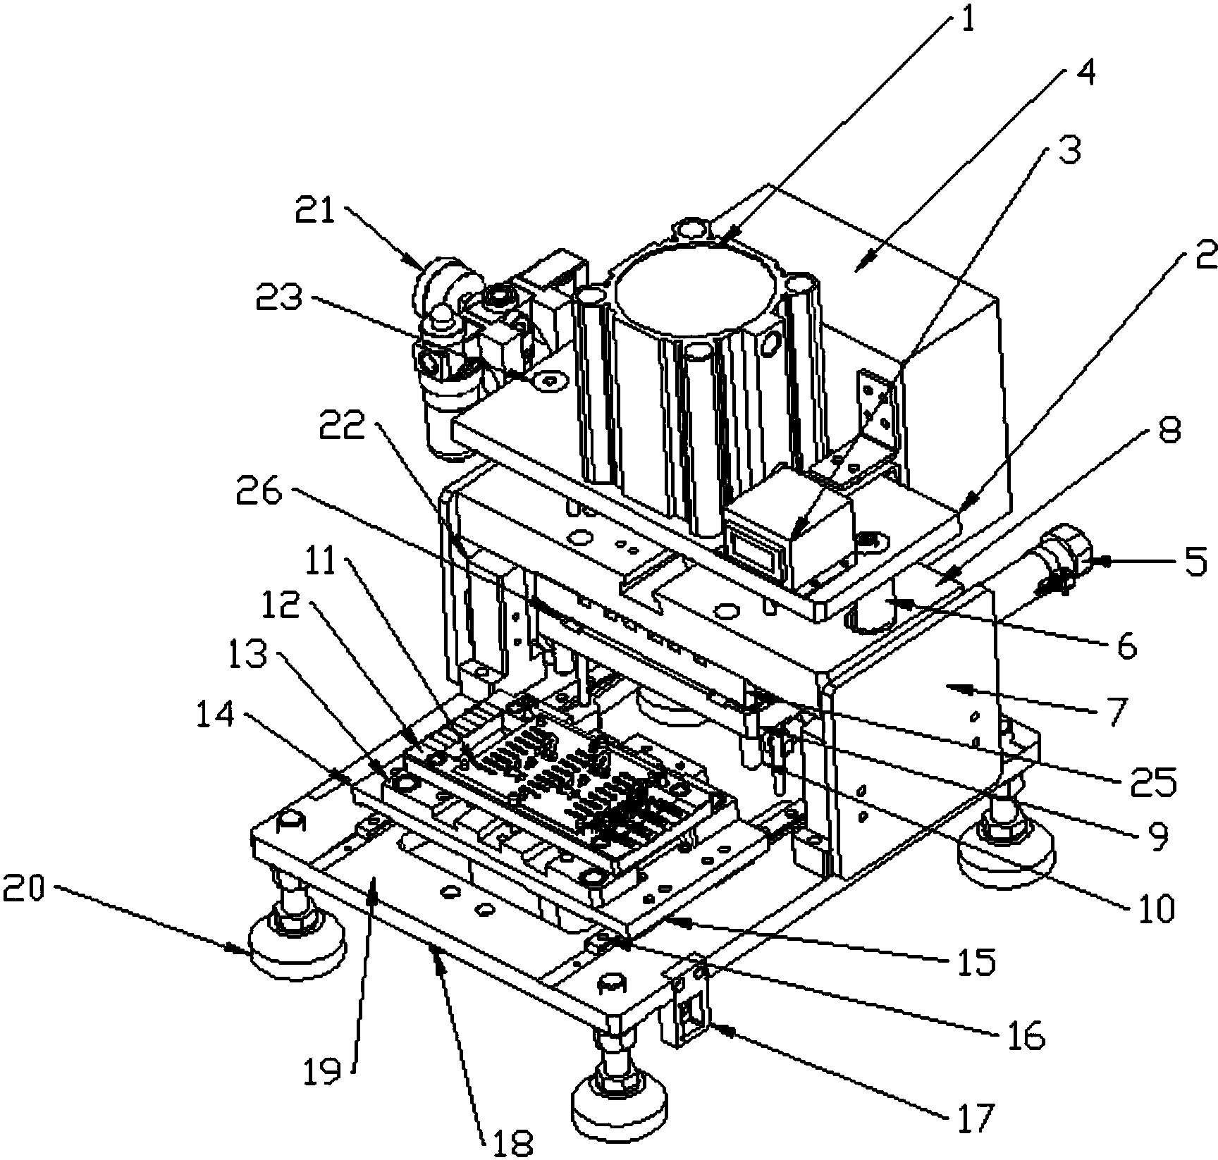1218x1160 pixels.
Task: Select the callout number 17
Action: [x=976, y=1113]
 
